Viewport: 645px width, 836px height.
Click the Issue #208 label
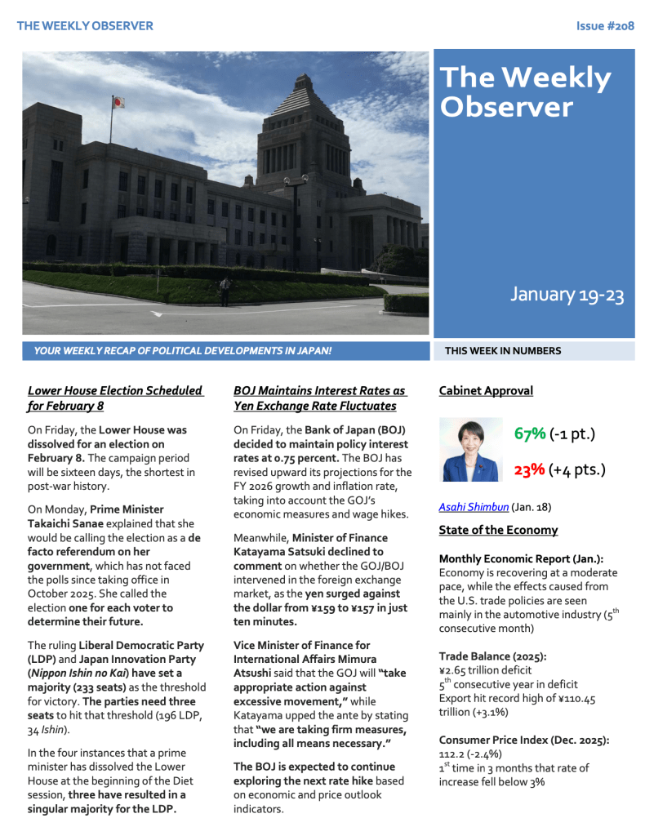(x=605, y=26)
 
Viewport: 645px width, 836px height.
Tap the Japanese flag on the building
(x=118, y=103)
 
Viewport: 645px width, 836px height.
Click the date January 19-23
(x=567, y=295)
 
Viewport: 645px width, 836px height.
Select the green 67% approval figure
(x=529, y=434)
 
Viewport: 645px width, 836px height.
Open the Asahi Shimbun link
(x=473, y=506)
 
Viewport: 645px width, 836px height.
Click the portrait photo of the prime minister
(x=471, y=450)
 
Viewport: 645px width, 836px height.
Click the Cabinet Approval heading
(x=485, y=391)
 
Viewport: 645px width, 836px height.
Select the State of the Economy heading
(x=498, y=531)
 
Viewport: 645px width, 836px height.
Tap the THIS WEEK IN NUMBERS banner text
(x=503, y=351)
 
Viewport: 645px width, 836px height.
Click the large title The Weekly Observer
(x=524, y=91)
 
